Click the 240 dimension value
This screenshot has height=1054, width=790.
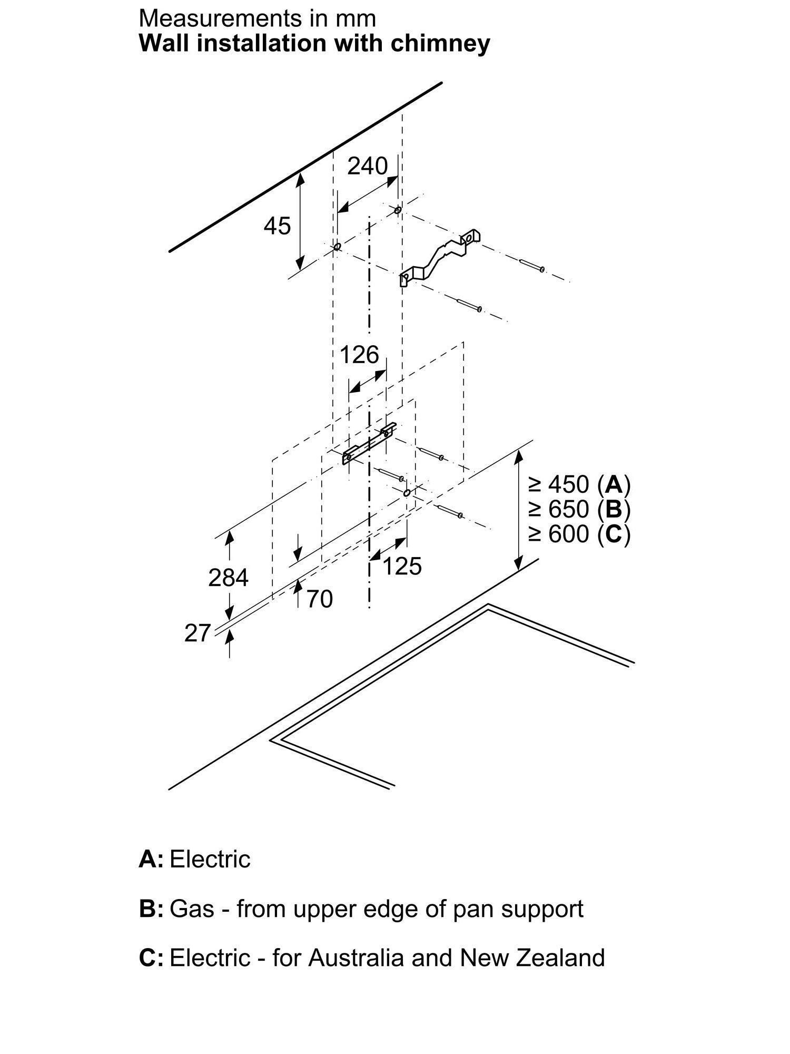coord(367,166)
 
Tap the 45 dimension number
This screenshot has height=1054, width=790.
coord(277,226)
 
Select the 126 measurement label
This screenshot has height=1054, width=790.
coord(359,355)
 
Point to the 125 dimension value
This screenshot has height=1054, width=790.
coord(402,567)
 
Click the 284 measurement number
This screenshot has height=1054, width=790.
coord(228,578)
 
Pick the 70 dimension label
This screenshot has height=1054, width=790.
coord(319,599)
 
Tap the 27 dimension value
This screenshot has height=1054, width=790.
coord(197,633)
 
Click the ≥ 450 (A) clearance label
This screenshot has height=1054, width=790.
coord(579,484)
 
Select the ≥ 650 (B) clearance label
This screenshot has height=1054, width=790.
coord(579,509)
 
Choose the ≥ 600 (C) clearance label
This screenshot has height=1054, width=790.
coord(579,534)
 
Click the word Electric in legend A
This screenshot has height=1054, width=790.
coord(210,860)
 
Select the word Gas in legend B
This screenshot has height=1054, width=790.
coord(192,909)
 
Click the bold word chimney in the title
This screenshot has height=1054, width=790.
coord(440,43)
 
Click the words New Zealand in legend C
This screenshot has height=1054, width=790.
coord(532,958)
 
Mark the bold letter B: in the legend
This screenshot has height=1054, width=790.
coord(151,909)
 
